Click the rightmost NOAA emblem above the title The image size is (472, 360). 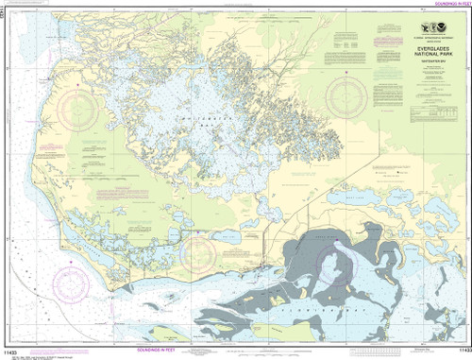pyautogui.click(x=420, y=28)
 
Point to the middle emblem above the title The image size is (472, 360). pyautogui.click(x=401, y=28)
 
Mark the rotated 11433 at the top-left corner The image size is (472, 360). pyautogui.click(x=5, y=11)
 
